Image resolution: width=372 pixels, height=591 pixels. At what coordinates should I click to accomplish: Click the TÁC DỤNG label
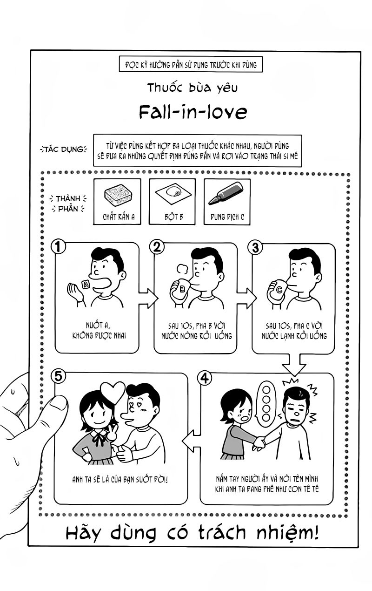[x=63, y=149]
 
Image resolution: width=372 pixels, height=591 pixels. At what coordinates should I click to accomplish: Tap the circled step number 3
[x=255, y=247]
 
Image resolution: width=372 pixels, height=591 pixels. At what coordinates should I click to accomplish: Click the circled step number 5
[x=58, y=375]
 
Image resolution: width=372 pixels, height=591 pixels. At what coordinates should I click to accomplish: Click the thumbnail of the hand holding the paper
[x=58, y=403]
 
